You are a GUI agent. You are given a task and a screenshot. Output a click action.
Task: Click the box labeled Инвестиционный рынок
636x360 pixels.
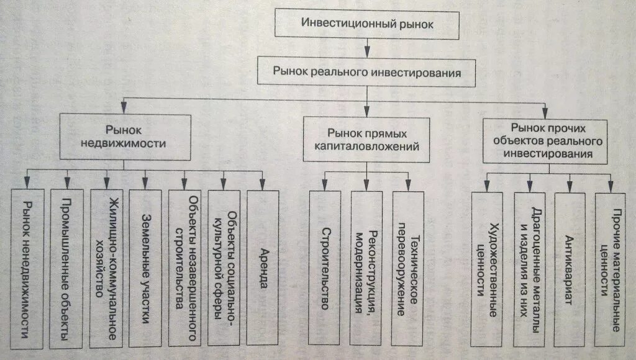pyautogui.click(x=366, y=24)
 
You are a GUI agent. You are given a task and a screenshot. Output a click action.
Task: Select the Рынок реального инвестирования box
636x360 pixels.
pyautogui.click(x=366, y=72)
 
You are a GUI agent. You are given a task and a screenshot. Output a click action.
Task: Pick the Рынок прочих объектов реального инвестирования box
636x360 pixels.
pyautogui.click(x=545, y=141)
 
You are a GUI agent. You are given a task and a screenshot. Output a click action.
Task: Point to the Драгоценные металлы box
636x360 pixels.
pyautogui.click(x=529, y=269)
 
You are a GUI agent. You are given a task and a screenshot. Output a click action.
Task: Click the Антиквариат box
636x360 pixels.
pyautogui.click(x=570, y=269)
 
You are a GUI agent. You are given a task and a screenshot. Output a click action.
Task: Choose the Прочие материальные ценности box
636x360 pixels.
pyautogui.click(x=610, y=269)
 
